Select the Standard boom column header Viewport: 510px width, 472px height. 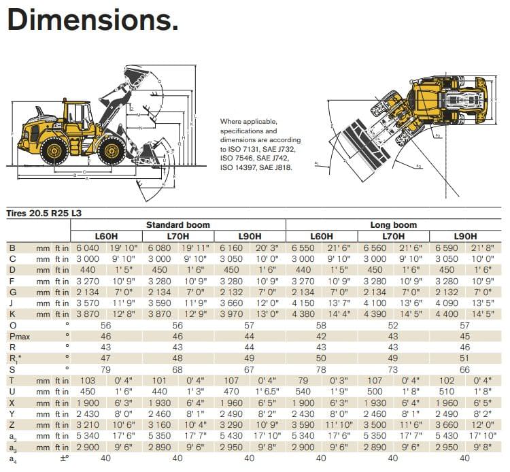coord(178,224)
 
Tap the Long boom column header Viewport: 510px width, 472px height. coord(393,224)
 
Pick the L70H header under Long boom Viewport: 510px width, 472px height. coord(394,236)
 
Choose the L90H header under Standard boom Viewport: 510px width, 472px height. coord(250,236)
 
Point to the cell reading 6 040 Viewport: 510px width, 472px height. coord(88,248)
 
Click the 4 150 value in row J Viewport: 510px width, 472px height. coord(303,303)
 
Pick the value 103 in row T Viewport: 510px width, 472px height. coord(88,380)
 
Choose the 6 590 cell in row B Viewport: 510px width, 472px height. coord(447,248)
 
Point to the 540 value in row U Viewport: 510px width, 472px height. coord(303,391)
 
